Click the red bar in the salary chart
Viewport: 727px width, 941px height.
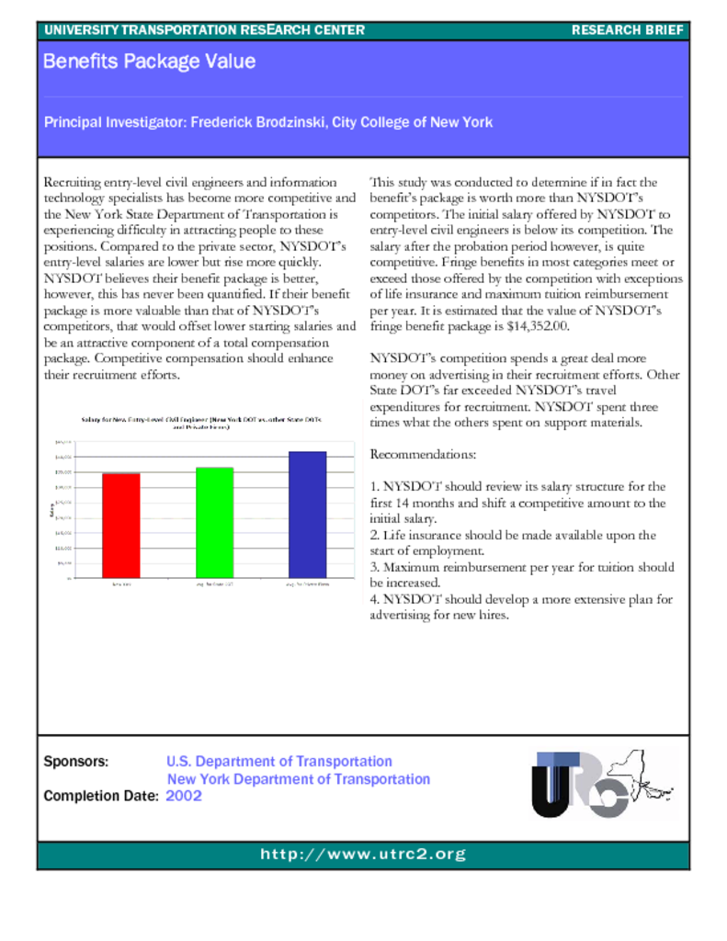(120, 525)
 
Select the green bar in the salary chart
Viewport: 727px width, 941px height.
(215, 522)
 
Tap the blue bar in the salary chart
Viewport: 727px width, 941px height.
(308, 514)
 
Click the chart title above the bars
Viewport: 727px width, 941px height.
(201, 424)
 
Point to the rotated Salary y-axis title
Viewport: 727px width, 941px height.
(51, 509)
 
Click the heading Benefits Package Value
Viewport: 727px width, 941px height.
(149, 62)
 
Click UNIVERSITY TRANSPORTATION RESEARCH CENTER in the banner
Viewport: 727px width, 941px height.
(204, 30)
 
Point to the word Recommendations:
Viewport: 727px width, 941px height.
(423, 455)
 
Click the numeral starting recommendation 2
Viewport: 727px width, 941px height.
(373, 535)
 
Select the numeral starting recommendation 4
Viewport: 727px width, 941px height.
(373, 599)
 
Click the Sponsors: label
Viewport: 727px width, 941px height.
(76, 762)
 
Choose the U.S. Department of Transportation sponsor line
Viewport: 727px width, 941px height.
(278, 762)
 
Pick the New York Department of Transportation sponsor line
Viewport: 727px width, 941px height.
(298, 779)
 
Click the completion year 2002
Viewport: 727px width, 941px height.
(184, 796)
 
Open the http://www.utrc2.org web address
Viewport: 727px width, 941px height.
(363, 855)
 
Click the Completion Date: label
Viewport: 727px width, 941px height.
(101, 796)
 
